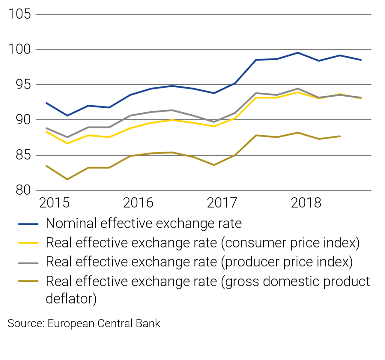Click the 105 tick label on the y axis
[19, 14]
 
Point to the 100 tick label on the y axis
[19, 49]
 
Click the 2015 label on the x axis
[54, 203]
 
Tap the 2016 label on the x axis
[138, 203]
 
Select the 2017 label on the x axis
[222, 203]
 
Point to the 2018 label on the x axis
[306, 203]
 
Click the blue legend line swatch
[28, 224]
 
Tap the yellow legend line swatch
[28, 243]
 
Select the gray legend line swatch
[28, 262]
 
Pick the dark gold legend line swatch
[28, 281]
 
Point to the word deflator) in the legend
[71, 299]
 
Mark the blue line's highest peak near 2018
[297, 53]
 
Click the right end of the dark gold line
[340, 136]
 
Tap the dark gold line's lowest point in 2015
[67, 179]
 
